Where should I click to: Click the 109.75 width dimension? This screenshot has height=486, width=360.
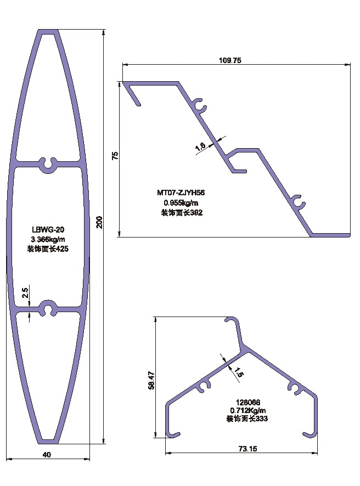click(x=230, y=60)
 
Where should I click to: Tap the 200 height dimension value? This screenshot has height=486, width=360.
click(x=99, y=222)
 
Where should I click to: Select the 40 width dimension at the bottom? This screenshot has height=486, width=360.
click(x=47, y=455)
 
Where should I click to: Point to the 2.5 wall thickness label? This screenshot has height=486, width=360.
click(x=25, y=293)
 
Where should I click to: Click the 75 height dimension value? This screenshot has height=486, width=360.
click(x=115, y=156)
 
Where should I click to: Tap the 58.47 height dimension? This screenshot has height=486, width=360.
click(x=151, y=380)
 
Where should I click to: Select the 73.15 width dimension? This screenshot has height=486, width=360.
click(x=248, y=449)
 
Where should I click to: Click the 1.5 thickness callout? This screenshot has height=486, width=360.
click(x=238, y=372)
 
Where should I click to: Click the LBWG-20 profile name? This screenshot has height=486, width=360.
click(x=48, y=230)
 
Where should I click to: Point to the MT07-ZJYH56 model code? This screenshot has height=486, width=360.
click(x=181, y=193)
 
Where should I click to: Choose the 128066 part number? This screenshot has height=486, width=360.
click(x=248, y=402)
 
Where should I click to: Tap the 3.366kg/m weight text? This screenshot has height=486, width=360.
click(x=48, y=239)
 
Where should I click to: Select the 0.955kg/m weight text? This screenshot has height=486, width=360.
click(x=181, y=203)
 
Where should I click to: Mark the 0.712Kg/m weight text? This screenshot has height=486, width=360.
click(x=248, y=410)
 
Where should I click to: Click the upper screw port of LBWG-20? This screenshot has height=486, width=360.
click(x=49, y=164)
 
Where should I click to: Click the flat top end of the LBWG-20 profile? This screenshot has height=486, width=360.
click(x=48, y=32)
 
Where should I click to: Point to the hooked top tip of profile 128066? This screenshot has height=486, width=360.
click(x=229, y=319)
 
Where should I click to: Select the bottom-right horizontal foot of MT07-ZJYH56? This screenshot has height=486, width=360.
click(x=330, y=235)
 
